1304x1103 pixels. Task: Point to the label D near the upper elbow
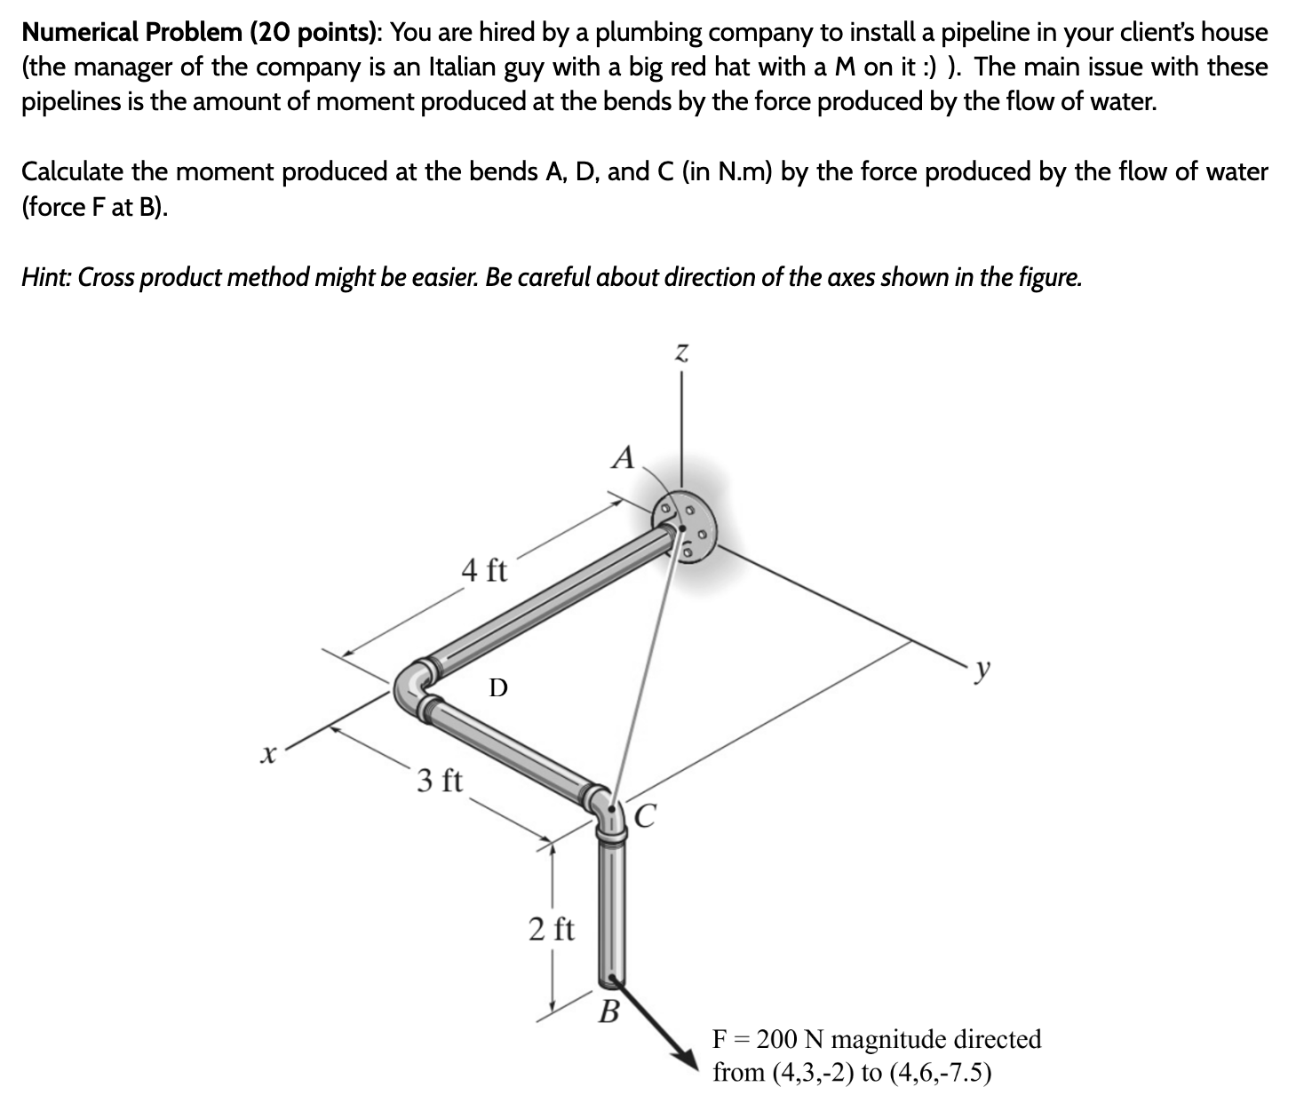(498, 687)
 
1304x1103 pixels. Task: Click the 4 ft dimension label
(485, 569)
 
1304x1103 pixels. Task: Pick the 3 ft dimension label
(440, 781)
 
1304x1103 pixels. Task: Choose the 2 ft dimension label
(551, 930)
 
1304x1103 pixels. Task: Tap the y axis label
(981, 671)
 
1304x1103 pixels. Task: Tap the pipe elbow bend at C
(607, 808)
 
